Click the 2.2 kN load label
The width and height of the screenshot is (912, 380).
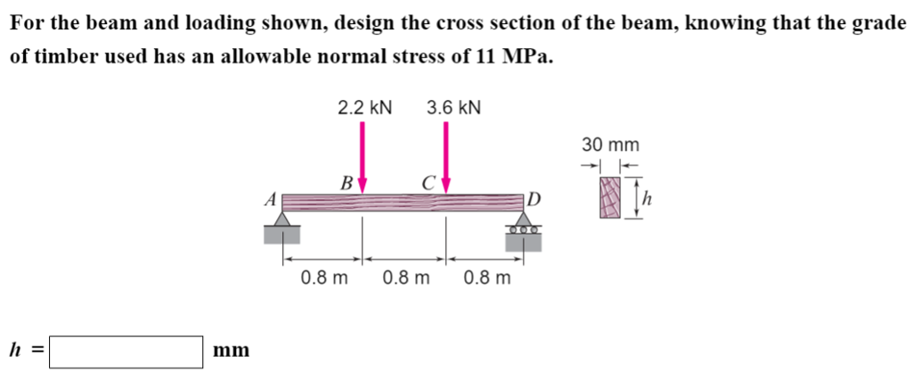(x=364, y=108)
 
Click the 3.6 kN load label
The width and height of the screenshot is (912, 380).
(x=453, y=108)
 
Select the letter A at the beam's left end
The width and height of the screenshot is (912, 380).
(x=270, y=200)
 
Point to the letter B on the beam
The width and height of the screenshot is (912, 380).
(x=345, y=184)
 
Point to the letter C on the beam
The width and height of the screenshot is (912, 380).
(x=428, y=184)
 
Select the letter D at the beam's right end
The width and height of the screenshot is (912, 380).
(x=533, y=198)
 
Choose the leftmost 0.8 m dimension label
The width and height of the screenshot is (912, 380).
(x=324, y=277)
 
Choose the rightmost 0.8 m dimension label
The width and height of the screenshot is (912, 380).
(x=487, y=277)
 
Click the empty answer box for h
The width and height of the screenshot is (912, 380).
(x=126, y=351)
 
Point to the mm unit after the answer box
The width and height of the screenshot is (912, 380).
(x=232, y=351)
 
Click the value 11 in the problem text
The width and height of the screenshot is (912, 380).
(x=485, y=55)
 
